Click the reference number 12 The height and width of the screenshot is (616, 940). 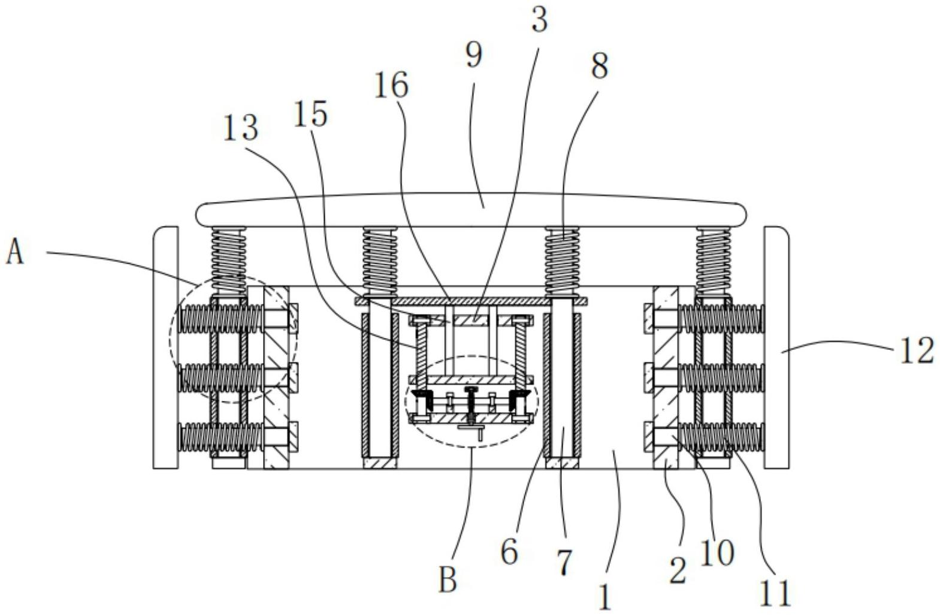[917, 351]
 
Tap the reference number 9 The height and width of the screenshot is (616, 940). [473, 56]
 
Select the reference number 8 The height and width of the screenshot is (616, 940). [599, 65]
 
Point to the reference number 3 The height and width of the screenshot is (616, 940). [539, 20]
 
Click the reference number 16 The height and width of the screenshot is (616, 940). [391, 85]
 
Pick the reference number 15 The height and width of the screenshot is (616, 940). [310, 114]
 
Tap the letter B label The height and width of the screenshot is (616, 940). [448, 579]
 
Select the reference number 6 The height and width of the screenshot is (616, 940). [509, 552]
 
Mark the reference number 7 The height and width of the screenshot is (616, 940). [564, 562]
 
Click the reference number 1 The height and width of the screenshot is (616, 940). [605, 597]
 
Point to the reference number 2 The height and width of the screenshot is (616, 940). [678, 570]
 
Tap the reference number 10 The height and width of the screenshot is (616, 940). [717, 552]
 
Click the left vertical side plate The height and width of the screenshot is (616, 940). [165, 348]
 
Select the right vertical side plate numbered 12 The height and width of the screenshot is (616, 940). [776, 348]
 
